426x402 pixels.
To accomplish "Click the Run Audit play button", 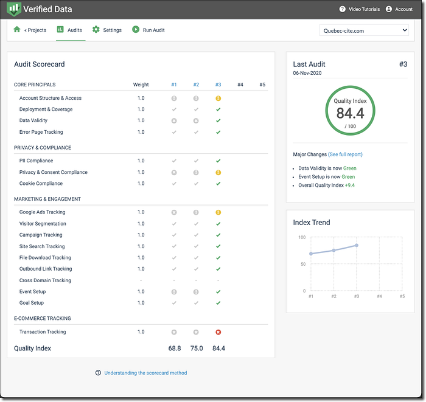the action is [136, 29].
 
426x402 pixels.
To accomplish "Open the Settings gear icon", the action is [96, 29].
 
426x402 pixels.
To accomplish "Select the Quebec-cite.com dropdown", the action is [364, 30].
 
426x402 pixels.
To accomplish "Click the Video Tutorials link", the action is [364, 9].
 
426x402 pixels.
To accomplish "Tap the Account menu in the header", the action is [403, 9].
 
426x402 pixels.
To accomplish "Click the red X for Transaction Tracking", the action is [218, 332].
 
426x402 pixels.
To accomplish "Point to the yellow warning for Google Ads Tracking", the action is [218, 212].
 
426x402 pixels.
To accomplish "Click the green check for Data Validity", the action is [218, 120].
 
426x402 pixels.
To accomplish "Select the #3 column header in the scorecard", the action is [218, 85].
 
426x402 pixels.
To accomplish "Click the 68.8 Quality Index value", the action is [175, 348].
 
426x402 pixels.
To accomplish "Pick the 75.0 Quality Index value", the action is [197, 348].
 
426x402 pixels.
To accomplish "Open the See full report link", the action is [345, 154].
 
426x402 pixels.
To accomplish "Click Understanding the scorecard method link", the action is [145, 373].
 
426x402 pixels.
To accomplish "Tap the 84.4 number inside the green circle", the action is [350, 114].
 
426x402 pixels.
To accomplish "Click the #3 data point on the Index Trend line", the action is [357, 245].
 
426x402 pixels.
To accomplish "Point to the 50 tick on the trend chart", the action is [303, 264].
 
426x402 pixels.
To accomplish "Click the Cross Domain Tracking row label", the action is [45, 280].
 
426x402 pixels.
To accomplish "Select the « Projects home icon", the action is [17, 29].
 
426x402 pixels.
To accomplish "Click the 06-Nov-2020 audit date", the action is [307, 73].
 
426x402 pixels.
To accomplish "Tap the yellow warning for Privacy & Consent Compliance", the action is [218, 172].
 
